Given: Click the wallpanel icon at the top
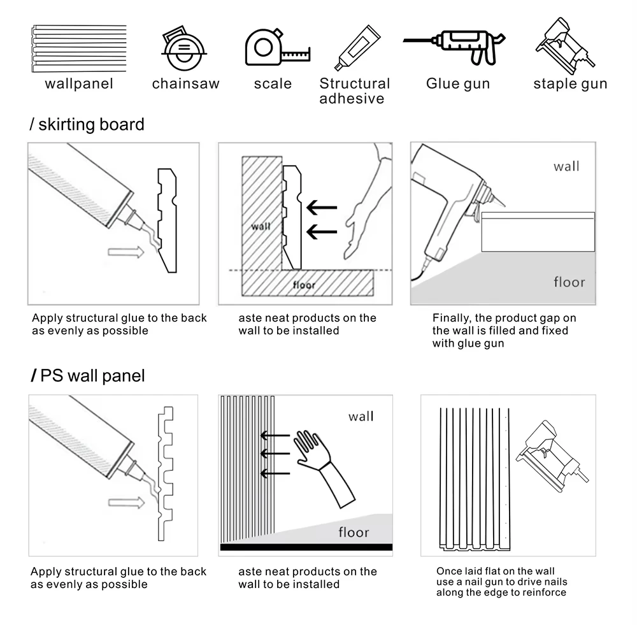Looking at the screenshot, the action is coord(79,49).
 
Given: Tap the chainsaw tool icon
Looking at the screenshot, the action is coord(184,48).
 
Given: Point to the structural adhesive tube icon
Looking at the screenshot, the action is coord(357,48).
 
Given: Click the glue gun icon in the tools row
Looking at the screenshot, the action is coord(455,46).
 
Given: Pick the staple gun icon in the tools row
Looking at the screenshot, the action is coord(565,46).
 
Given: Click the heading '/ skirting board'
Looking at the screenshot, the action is coord(87,124).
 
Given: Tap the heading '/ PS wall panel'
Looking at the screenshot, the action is coord(88,375).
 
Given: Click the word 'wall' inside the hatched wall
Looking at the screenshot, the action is coord(261,226).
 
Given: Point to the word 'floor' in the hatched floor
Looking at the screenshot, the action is coord(304,285).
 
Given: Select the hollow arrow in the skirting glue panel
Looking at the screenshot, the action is coord(126,252).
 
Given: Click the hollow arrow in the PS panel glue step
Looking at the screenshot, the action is coord(126,503).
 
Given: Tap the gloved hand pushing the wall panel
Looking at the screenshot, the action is coord(325,468).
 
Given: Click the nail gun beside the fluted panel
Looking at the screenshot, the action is coord(552,456).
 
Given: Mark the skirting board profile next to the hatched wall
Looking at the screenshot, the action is coord(292,217).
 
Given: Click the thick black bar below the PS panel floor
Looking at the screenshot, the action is coord(306,547).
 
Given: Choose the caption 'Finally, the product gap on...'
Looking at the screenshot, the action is coord(504,331).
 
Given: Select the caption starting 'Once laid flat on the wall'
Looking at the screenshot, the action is coord(501,582).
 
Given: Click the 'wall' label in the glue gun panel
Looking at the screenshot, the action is coord(566,166).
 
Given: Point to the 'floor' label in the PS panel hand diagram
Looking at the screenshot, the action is coord(354,532).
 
